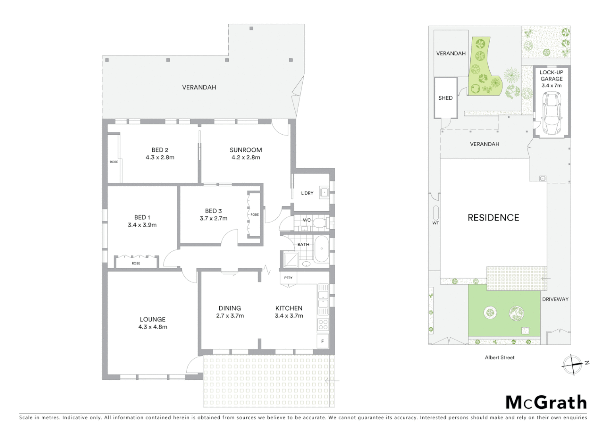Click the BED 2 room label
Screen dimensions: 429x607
click(160, 150)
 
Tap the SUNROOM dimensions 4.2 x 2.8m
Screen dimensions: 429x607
click(246, 157)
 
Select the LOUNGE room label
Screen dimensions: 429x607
click(153, 319)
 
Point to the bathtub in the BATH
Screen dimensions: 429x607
click(322, 249)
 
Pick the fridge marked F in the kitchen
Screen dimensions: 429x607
click(323, 341)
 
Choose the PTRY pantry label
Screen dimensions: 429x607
click(288, 278)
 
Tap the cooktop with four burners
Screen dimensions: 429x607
click(323, 325)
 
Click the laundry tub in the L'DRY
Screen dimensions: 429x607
click(324, 193)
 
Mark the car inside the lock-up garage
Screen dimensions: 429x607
click(551, 113)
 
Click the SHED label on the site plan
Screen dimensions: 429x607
click(445, 98)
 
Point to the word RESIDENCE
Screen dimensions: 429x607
click(493, 218)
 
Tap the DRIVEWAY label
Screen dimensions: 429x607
click(555, 299)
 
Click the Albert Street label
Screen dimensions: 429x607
click(499, 357)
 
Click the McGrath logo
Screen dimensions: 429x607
click(546, 402)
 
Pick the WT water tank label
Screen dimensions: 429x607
click(436, 223)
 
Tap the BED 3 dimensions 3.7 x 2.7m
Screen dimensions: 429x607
click(213, 218)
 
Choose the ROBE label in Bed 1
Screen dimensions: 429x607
click(136, 263)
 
